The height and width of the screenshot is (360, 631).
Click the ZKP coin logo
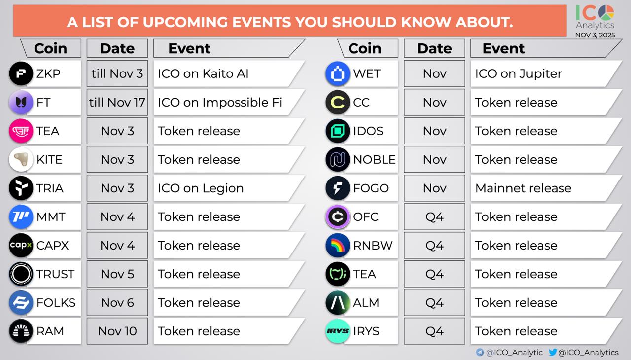(x=21, y=73)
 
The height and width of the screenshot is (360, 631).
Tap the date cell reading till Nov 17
(x=117, y=102)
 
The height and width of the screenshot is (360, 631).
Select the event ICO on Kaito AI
(x=203, y=74)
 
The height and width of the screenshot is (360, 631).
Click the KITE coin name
(x=49, y=160)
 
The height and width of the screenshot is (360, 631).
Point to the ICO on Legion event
(x=201, y=188)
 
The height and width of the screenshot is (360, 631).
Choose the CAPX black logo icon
(x=21, y=245)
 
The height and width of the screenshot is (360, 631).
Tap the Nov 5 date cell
(x=117, y=274)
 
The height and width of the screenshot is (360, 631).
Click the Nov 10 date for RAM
(x=117, y=331)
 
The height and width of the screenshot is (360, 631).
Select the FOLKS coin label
(x=56, y=303)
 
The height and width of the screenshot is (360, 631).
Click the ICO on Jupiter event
(x=518, y=74)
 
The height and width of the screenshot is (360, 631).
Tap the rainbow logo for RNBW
(x=338, y=245)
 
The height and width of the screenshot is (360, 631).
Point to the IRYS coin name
(x=366, y=331)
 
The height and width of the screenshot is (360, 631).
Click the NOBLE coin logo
(x=338, y=159)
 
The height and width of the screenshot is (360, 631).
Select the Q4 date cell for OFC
(x=434, y=216)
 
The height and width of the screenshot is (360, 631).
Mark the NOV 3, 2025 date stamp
(x=595, y=35)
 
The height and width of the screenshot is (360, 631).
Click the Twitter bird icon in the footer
(x=553, y=352)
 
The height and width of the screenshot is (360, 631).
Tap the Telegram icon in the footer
(x=480, y=352)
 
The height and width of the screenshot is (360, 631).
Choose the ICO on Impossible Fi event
(x=220, y=102)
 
